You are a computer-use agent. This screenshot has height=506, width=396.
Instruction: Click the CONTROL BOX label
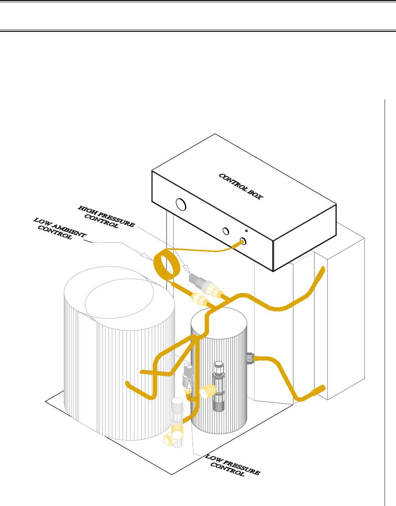pos(240,186)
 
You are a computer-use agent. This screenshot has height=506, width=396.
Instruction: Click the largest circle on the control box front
pos(181,204)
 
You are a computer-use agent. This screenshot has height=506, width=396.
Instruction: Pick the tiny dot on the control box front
pos(246,231)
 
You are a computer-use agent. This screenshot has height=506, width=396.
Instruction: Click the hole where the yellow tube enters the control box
pos(243,241)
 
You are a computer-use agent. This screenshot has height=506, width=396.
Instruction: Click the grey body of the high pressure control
pos(195,280)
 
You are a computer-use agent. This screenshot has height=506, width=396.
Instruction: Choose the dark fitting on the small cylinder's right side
pos(249,358)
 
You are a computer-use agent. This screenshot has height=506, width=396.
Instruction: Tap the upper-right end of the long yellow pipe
pos(323,270)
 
